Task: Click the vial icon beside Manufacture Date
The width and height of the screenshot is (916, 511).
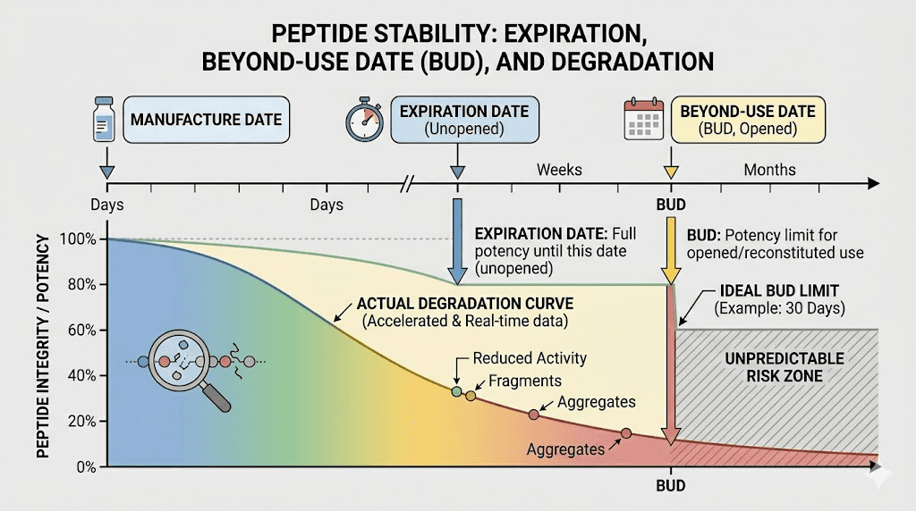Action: (102, 120)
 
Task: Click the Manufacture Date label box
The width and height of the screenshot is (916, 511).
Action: (206, 120)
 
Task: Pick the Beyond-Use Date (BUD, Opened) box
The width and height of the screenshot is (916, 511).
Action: (748, 120)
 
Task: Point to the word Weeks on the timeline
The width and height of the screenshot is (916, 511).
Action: (559, 170)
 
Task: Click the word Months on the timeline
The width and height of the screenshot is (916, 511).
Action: (769, 170)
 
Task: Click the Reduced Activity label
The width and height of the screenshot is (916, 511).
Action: (530, 358)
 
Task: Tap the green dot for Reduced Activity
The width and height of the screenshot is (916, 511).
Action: (457, 390)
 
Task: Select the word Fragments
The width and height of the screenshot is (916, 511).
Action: (525, 381)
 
